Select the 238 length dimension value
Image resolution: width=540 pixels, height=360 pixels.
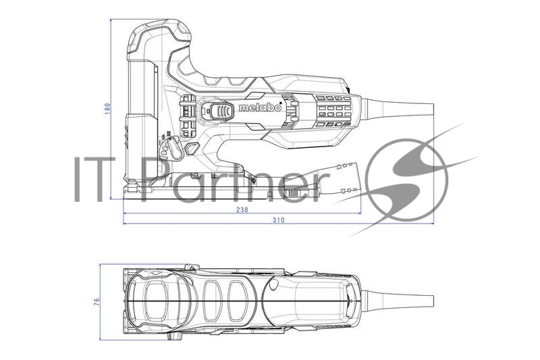(242, 209)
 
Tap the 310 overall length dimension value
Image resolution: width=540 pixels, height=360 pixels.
(278, 220)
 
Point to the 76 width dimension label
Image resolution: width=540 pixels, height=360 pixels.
(97, 300)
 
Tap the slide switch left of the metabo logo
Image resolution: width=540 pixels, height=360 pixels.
(220, 111)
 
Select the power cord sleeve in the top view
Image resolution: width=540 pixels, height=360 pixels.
(398, 299)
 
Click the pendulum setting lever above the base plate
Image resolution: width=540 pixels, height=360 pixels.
(173, 148)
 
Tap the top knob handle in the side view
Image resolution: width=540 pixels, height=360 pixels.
(162, 37)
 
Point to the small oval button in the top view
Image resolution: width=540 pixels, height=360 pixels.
(272, 286)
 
